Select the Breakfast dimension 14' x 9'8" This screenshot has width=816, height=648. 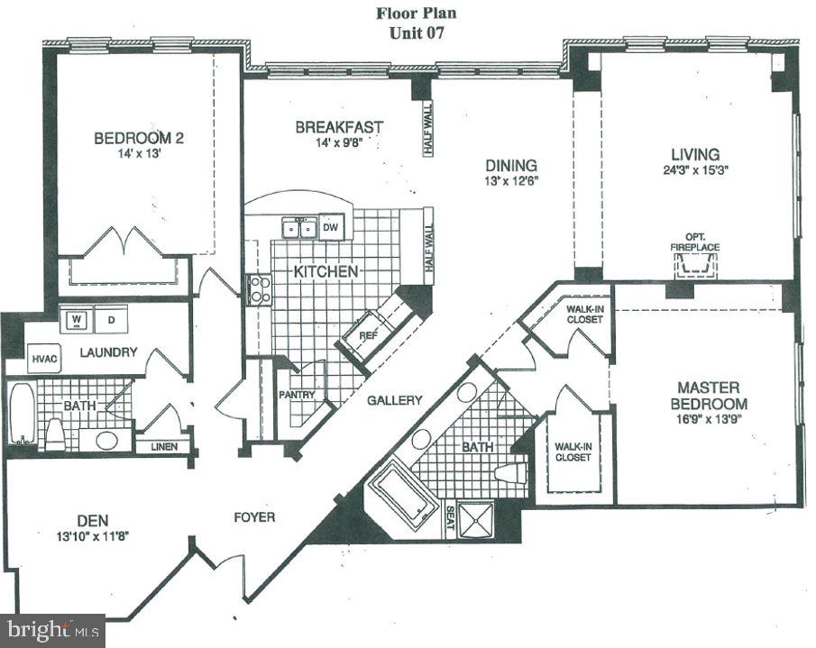click(338, 142)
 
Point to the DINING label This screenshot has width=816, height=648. click(511, 166)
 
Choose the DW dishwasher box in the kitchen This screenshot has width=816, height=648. click(331, 227)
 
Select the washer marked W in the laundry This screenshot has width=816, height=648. click(76, 318)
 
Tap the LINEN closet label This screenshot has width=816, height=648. click(163, 446)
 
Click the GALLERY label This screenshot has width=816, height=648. click(395, 400)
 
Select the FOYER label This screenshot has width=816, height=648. click(253, 517)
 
